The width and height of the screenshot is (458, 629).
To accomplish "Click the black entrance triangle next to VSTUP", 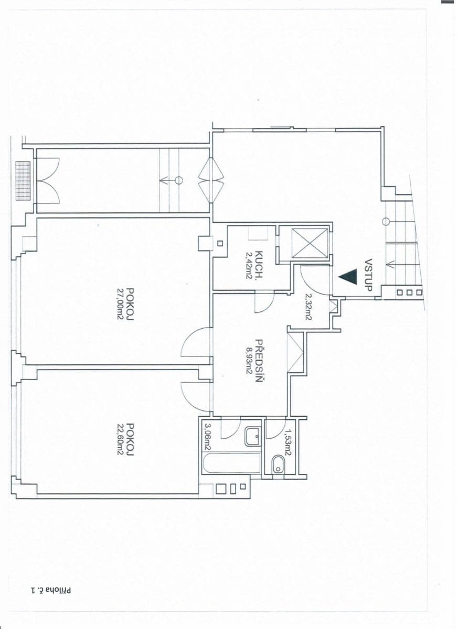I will click(348, 276).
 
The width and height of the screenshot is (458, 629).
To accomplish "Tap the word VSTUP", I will click(368, 275).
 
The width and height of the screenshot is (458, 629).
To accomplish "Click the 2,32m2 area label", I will click(308, 306).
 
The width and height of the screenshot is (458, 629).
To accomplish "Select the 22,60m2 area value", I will click(120, 439).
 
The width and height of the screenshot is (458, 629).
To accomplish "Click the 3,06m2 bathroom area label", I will click(208, 437).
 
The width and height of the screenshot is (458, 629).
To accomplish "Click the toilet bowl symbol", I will click(278, 463).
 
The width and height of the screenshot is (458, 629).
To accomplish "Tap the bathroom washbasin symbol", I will click(252, 436).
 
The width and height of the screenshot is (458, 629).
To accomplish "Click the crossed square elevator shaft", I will click(310, 243).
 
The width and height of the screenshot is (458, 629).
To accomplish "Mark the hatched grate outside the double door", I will click(23, 180).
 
